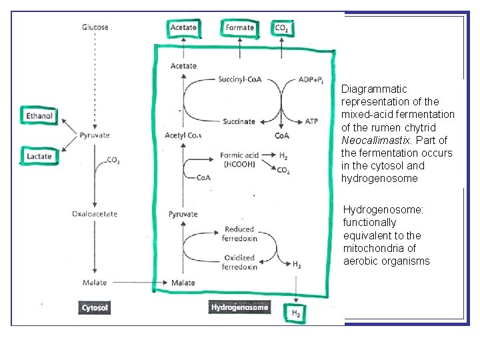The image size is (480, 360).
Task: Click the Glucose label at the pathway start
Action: coord(95,27)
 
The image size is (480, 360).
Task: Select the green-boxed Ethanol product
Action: coord(39,116)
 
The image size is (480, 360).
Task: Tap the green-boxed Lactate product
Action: coord(39,157)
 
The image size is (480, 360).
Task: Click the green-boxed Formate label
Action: coord(240,27)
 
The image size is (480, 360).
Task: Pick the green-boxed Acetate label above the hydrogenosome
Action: coord(183,27)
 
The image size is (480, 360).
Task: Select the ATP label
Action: coord(311,122)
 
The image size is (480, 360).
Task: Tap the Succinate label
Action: coord(239,122)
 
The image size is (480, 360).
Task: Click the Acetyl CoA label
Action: coord(183,136)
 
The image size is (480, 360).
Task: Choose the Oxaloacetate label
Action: coord(95,213)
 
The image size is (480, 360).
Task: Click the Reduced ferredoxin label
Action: coord(239,233)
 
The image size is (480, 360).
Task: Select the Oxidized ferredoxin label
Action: coord(239,262)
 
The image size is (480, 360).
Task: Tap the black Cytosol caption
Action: coord(95,308)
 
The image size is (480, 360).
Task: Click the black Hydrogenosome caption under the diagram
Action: coord(240,307)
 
